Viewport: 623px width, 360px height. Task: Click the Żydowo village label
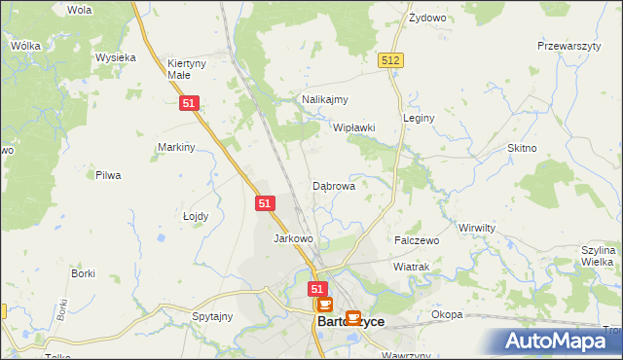tap(427, 18)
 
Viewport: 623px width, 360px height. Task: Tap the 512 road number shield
tap(391, 60)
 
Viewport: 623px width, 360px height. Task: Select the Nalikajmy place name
tap(325, 99)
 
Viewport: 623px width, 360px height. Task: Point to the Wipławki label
tap(354, 127)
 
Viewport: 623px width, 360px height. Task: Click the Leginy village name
tap(419, 118)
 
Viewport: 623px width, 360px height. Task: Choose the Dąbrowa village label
tap(333, 185)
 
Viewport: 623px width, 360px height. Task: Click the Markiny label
tap(177, 147)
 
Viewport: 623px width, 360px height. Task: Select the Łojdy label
tap(196, 216)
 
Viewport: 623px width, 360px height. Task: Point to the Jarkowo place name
tap(293, 238)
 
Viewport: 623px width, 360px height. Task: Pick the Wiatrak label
tap(411, 266)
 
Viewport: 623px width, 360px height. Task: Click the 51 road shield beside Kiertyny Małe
tap(190, 103)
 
